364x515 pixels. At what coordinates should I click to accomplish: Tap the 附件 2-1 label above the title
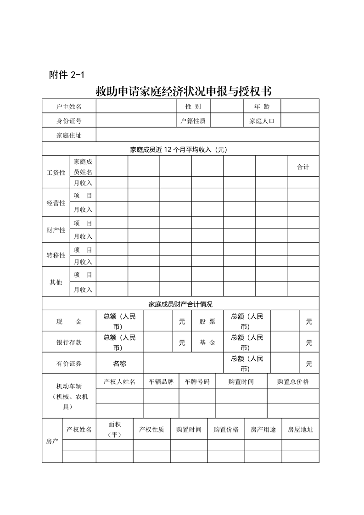(x=67, y=75)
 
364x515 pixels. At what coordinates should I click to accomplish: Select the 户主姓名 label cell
(x=69, y=106)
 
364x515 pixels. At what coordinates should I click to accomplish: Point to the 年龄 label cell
(x=262, y=106)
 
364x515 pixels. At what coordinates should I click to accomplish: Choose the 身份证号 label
(x=69, y=121)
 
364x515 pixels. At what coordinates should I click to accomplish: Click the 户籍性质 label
(x=193, y=121)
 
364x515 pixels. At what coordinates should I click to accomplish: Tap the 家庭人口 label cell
(x=262, y=121)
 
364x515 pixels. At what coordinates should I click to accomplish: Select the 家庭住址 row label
(x=69, y=135)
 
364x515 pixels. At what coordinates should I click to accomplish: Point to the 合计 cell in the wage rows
(x=303, y=167)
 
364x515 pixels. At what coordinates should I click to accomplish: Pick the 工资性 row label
(x=56, y=173)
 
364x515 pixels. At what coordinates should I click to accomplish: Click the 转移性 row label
(x=56, y=255)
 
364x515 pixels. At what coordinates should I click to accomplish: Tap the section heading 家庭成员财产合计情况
(x=180, y=304)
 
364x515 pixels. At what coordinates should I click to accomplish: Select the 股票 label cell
(x=207, y=322)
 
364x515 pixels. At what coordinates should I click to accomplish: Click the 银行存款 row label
(x=69, y=342)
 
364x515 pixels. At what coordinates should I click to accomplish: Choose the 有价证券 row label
(x=69, y=364)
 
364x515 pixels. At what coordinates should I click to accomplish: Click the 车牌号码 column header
(x=197, y=381)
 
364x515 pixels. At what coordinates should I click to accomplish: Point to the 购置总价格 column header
(x=293, y=381)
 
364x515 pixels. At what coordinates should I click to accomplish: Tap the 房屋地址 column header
(x=300, y=430)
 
